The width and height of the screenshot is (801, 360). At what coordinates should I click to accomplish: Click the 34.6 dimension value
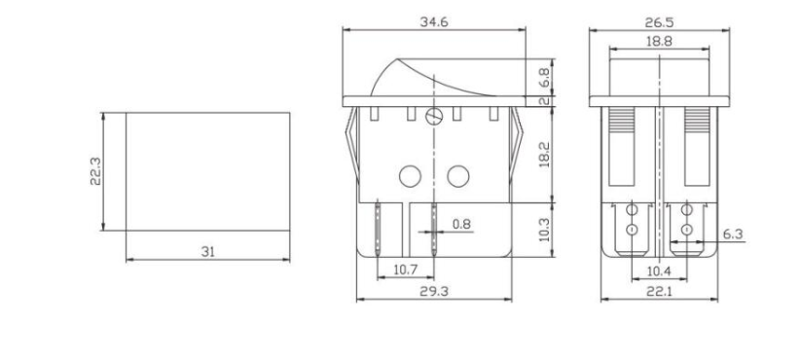click(x=434, y=22)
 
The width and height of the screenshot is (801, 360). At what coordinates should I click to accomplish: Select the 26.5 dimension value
click(x=659, y=22)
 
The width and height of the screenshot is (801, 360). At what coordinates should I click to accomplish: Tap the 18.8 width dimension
click(x=659, y=42)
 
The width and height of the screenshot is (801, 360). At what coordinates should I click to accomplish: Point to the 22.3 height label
click(x=96, y=171)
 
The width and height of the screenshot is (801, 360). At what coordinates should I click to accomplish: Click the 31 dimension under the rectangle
click(x=208, y=252)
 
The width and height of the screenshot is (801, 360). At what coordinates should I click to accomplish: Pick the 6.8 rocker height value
click(x=545, y=78)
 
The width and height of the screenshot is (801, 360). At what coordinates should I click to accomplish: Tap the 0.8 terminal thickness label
click(x=461, y=224)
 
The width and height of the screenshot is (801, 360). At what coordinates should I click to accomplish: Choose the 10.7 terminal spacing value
click(x=406, y=270)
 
